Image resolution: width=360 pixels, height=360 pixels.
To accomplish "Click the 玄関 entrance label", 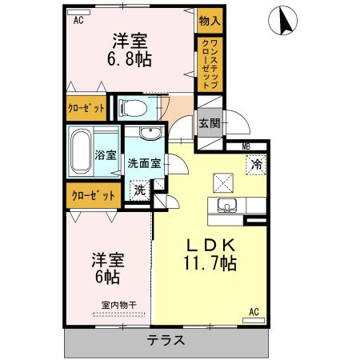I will (x=210, y=123).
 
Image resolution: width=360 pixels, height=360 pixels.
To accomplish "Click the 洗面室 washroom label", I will (x=145, y=162).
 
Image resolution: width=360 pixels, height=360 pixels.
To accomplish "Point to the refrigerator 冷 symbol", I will (x=258, y=164).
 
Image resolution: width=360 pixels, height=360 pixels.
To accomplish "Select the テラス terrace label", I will (x=166, y=339).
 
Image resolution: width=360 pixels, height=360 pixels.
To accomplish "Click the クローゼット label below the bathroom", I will (x=93, y=194).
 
